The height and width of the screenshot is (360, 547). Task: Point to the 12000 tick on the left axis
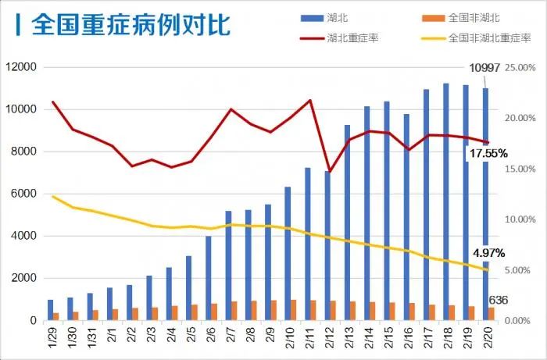pos(21,67)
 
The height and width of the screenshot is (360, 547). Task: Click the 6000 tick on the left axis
pos(23,194)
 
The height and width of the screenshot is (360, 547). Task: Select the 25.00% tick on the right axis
pos(520,67)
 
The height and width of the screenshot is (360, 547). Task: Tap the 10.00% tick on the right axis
pos(520,219)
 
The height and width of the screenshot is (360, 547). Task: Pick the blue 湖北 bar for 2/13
pos(347,223)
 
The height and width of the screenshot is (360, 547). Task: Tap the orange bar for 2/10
pos(293,310)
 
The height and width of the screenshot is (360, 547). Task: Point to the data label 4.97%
pos(488,253)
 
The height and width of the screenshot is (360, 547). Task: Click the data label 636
pos(499,301)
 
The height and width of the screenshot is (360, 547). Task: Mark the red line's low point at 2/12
pos(329,171)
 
